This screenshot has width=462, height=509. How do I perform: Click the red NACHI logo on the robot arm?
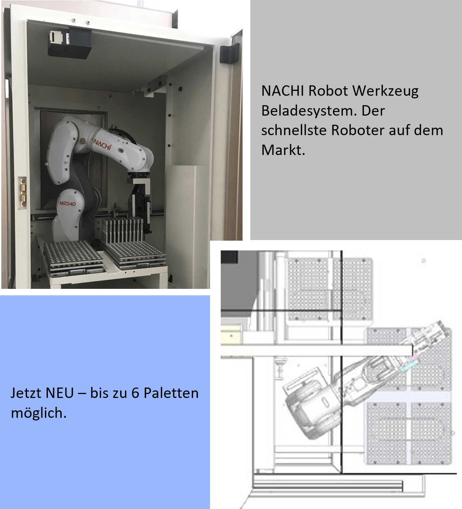[x=103, y=144]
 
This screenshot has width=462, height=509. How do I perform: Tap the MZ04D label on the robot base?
[x=67, y=204]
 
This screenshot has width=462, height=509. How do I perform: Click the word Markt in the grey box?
[x=282, y=150]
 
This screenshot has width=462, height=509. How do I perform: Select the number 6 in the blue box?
[x=135, y=393]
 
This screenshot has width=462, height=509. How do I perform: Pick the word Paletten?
[x=171, y=393]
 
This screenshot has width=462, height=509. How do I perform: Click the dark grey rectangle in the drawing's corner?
[x=229, y=257]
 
